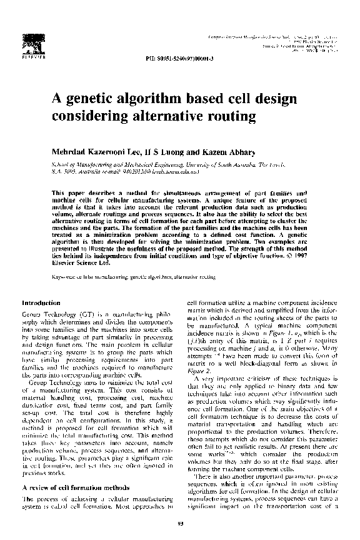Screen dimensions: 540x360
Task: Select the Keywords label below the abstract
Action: (x=64, y=276)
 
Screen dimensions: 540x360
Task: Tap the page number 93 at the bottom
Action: (x=179, y=524)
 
